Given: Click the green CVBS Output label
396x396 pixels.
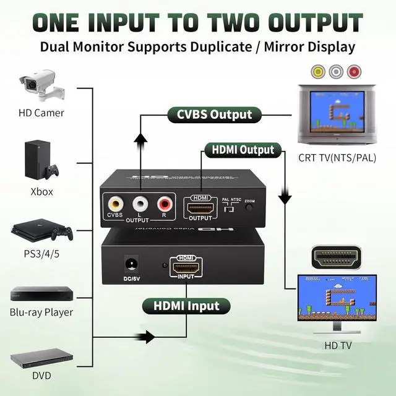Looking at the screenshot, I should click(x=215, y=114).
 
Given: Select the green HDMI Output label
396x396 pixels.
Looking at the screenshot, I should click(x=243, y=150).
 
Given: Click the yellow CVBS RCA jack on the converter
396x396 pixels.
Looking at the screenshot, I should click(x=115, y=202).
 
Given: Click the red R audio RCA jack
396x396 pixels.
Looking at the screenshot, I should click(x=164, y=202).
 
